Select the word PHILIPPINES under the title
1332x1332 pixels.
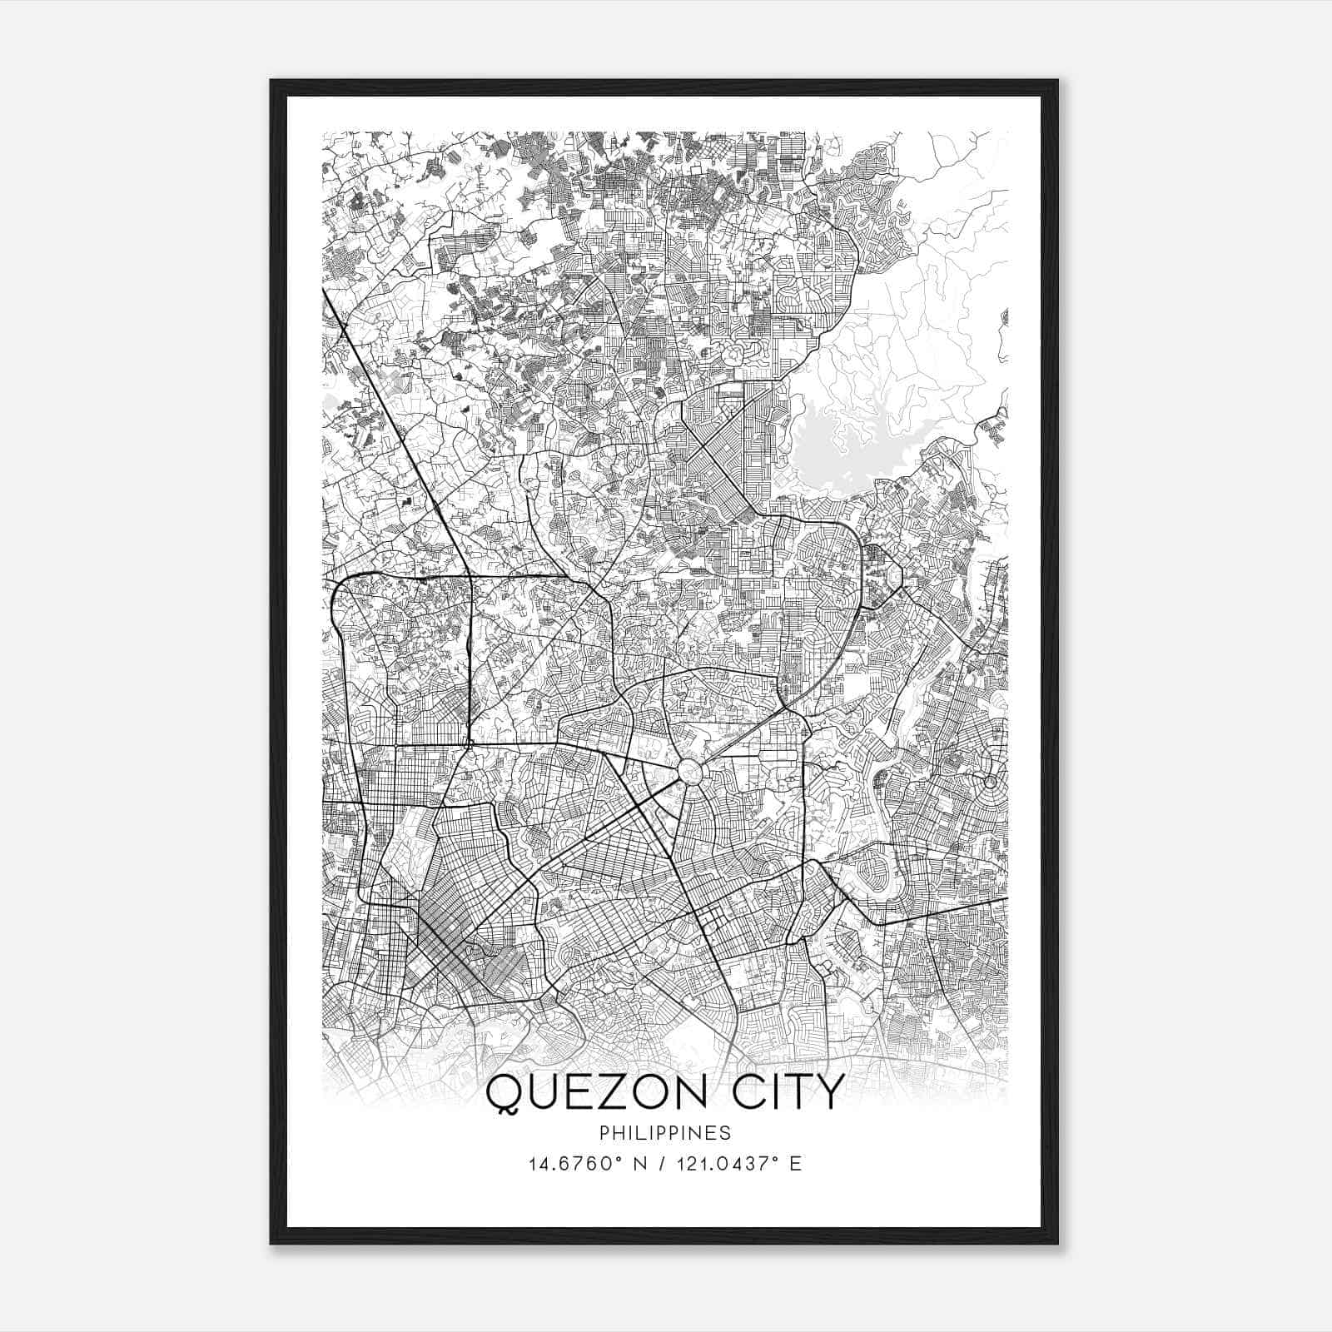664,1133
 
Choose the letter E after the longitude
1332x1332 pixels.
796,1164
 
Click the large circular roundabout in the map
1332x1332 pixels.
690,771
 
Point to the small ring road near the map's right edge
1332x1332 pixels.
989,782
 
